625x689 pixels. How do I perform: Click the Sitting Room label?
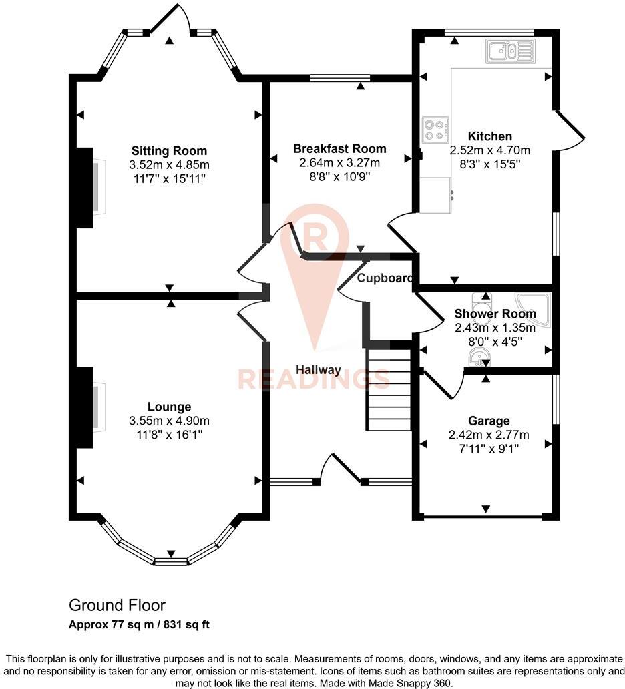[x=169, y=150]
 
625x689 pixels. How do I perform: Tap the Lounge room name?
[x=169, y=407]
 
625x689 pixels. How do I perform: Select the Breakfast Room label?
[x=340, y=148]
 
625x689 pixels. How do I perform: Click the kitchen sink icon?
[x=510, y=51]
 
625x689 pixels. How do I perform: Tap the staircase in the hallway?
[x=388, y=390]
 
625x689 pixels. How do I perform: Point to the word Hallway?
[x=319, y=370]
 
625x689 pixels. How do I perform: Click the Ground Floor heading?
[x=117, y=606]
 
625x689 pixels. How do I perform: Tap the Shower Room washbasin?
[x=478, y=361]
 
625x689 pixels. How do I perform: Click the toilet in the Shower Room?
[x=481, y=300]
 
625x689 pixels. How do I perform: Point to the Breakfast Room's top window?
[x=340, y=78]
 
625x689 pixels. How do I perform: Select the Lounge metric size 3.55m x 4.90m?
[x=169, y=421]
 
